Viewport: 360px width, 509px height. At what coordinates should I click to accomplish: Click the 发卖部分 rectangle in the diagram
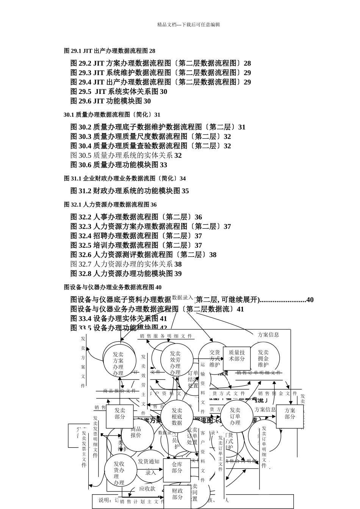(x=120, y=414)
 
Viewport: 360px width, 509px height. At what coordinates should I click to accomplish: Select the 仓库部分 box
(x=177, y=468)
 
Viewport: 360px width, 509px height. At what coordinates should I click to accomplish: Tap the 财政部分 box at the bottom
(x=177, y=495)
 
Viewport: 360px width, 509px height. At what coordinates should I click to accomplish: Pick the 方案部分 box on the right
(x=290, y=414)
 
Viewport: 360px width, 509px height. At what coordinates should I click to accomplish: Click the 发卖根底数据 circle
(x=177, y=417)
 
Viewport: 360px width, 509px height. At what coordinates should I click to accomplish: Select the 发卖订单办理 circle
(x=235, y=416)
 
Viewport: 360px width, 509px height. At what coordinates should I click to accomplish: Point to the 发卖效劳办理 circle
(x=175, y=363)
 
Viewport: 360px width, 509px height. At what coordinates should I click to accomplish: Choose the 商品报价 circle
(x=136, y=432)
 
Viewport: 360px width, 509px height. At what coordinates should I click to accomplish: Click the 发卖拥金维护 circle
(x=263, y=359)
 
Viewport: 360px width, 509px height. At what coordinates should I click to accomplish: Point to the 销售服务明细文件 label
(x=166, y=336)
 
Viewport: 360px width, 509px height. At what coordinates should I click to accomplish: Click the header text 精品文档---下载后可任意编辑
(x=188, y=25)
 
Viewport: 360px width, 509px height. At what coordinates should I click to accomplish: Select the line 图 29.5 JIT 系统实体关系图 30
(x=119, y=92)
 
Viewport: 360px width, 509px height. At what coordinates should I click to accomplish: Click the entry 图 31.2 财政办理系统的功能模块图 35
(x=130, y=191)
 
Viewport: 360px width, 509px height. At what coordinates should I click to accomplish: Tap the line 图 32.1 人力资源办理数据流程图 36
(x=110, y=205)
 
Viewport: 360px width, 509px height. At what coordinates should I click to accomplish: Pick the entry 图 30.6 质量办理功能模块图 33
(x=119, y=165)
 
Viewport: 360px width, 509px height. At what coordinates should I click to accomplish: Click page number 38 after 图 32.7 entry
(x=178, y=264)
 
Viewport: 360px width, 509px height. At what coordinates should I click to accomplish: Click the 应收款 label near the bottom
(x=147, y=489)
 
